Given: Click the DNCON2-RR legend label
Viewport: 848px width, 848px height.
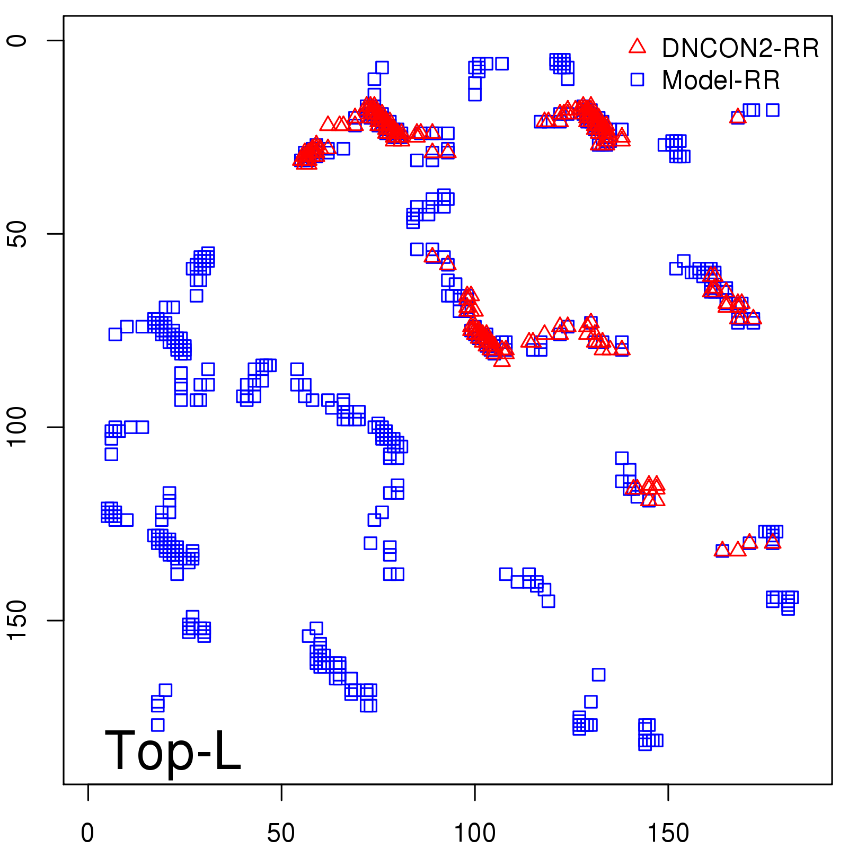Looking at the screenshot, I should pos(740,49).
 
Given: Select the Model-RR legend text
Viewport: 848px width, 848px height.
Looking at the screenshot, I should pos(721,81).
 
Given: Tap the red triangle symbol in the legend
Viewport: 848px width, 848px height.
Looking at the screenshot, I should pos(637,47).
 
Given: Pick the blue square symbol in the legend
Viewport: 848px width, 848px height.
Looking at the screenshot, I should pos(637,79).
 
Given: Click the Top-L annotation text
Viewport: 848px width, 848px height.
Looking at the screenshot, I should pos(173,750).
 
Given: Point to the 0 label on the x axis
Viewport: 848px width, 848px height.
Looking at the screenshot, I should pos(87,833).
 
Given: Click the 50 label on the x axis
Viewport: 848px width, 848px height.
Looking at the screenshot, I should pos(281,833).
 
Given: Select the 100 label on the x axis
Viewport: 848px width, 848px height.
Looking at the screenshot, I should pos(475,833).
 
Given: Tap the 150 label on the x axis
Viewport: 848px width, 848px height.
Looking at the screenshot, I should pos(668,833).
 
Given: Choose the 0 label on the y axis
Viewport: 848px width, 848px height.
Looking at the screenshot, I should pos(17,41).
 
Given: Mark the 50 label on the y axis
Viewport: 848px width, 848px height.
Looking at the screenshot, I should pos(17,234).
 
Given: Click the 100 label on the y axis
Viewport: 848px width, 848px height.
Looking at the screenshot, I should pos(17,427).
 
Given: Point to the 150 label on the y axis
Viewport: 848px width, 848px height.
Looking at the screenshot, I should pos(17,621).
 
